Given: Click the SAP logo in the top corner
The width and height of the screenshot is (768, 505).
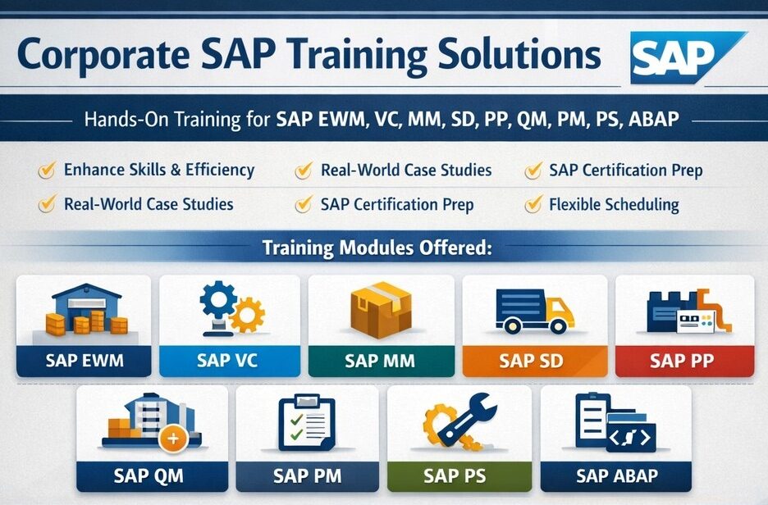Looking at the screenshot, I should [x=688, y=57].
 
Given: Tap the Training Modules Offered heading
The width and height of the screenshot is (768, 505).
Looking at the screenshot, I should [x=377, y=247].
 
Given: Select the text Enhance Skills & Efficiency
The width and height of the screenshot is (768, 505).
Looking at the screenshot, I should [x=159, y=171].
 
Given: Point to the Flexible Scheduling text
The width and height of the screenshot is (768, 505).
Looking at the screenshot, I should [x=614, y=204].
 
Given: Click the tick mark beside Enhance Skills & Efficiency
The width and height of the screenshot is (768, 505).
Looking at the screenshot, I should [x=48, y=171].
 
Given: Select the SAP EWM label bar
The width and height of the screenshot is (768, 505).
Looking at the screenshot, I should [x=83, y=361].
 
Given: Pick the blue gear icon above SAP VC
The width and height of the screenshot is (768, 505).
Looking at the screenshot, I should [x=218, y=301].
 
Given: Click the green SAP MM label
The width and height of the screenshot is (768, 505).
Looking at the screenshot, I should [x=380, y=361].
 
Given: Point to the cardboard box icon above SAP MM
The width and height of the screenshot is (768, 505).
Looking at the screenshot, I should [x=380, y=310].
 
